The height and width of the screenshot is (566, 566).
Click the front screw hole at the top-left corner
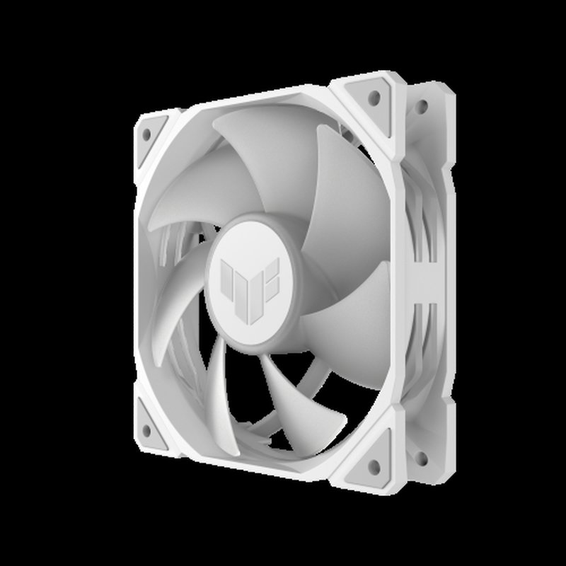pos(145,133)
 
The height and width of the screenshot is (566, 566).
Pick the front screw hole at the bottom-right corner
pos(372,468)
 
